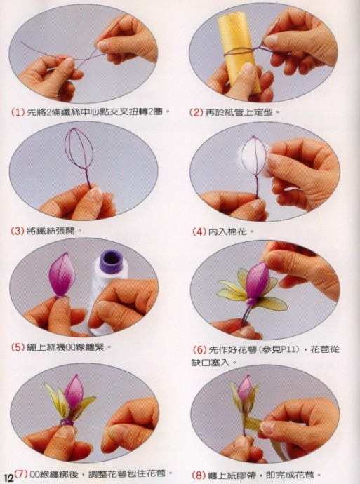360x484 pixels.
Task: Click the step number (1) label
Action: tap(18, 112)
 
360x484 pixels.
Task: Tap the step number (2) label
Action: tap(196, 112)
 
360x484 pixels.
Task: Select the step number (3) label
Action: tap(18, 231)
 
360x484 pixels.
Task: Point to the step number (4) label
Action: tap(199, 231)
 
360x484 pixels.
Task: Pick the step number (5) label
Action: tap(18, 347)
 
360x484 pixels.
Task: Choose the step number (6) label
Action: tap(200, 350)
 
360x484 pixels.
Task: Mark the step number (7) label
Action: tap(21, 474)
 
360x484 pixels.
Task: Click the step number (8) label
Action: tap(199, 475)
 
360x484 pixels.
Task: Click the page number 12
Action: tap(8, 478)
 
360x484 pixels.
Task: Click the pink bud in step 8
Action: tap(246, 389)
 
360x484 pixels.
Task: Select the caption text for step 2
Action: tap(242, 112)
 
